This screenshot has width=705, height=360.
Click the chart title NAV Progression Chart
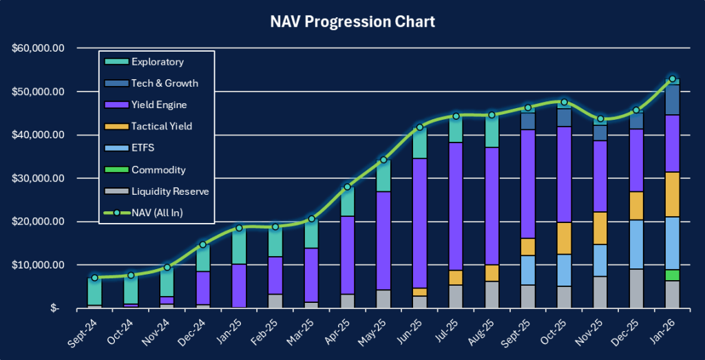[352, 21]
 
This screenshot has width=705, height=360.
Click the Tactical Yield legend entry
[161, 126]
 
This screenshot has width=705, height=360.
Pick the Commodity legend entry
[158, 169]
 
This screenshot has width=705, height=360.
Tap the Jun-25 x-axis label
[413, 328]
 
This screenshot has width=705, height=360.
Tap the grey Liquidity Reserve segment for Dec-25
[637, 288]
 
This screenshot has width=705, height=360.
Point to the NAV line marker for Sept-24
[94, 277]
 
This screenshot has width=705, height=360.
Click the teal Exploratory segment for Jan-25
[239, 246]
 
